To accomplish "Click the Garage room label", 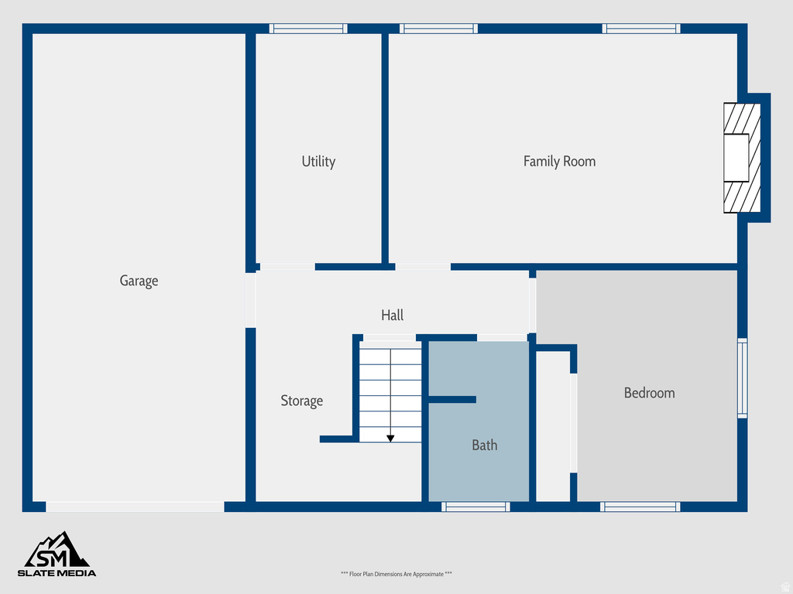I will click(x=139, y=281).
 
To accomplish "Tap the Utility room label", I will click(x=318, y=162).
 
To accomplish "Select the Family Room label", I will click(x=559, y=162).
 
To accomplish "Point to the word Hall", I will click(x=392, y=316).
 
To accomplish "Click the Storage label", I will click(x=301, y=401).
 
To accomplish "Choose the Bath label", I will click(x=485, y=445).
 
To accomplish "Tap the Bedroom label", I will click(x=649, y=393).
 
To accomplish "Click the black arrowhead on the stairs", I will click(x=390, y=439).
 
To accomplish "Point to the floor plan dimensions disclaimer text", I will click(x=396, y=574).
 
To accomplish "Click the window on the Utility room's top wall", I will click(x=308, y=29).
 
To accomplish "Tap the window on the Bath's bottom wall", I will click(x=475, y=507).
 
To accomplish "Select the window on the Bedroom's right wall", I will click(x=742, y=378).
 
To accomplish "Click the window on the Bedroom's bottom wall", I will click(x=640, y=507).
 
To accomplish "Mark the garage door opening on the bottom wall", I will click(x=136, y=507).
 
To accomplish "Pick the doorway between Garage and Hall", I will click(x=250, y=300).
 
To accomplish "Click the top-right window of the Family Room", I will click(x=641, y=29).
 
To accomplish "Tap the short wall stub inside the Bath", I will click(x=452, y=399).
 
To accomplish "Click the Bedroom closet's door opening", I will click(x=574, y=422).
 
